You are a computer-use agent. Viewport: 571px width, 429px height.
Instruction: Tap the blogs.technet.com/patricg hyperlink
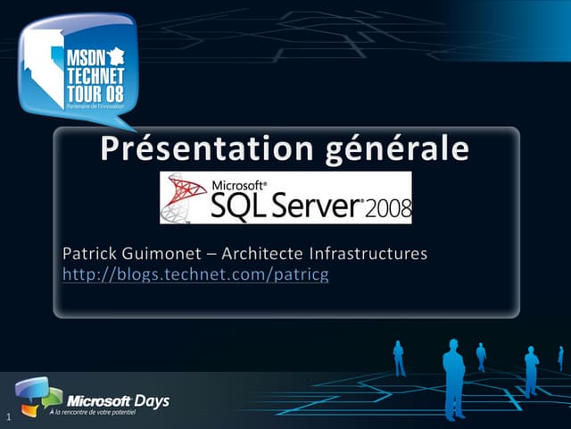[x=195, y=274]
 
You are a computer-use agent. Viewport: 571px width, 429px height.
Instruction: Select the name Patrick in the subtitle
[x=90, y=255]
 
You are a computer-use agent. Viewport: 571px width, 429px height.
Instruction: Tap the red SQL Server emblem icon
[x=184, y=198]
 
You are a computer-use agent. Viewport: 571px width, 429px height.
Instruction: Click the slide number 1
[x=7, y=418]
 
